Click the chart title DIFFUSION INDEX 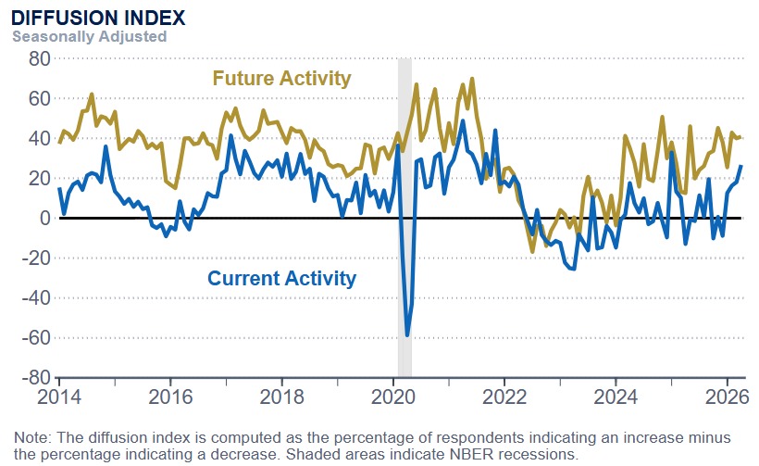pos(98,18)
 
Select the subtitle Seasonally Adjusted pos(89,36)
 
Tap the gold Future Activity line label pos(281,78)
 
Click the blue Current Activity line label pos(281,278)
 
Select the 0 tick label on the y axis pos(43,218)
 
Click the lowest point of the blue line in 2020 pos(407,335)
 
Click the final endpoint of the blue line pos(740,166)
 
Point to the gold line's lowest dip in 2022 pos(532,251)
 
